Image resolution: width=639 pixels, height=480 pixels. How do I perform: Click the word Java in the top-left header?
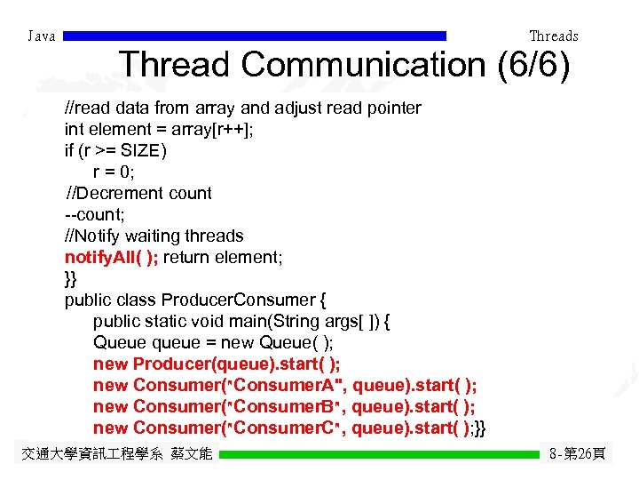[42, 36]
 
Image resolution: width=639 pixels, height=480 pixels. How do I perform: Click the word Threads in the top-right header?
[553, 36]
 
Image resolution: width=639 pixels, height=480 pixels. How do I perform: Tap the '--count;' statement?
[95, 214]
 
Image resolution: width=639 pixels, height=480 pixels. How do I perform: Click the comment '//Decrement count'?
[138, 193]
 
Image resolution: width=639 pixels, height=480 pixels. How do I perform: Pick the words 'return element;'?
[224, 257]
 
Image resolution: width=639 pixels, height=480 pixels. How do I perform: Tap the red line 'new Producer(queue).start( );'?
[217, 364]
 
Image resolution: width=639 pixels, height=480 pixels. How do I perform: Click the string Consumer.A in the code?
[287, 385]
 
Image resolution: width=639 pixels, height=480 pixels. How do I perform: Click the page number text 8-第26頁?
[577, 454]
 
